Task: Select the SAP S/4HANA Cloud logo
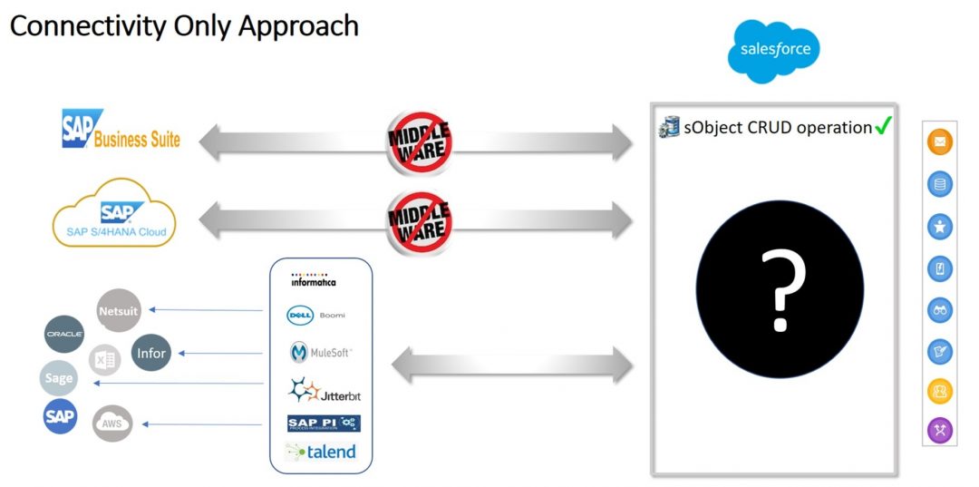point(115,215)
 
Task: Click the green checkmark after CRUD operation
point(884,127)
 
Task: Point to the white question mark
point(782,291)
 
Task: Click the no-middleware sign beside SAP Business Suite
point(419,141)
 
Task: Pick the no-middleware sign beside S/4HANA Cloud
point(419,221)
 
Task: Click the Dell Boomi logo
point(315,316)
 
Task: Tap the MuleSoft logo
point(320,352)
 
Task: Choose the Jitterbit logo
point(325,392)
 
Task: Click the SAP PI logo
point(324,424)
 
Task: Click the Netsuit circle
point(119,311)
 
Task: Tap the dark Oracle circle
point(64,334)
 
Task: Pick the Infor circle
point(150,353)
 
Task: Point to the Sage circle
point(59,378)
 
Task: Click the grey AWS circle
point(112,423)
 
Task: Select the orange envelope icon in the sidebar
point(940,142)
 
